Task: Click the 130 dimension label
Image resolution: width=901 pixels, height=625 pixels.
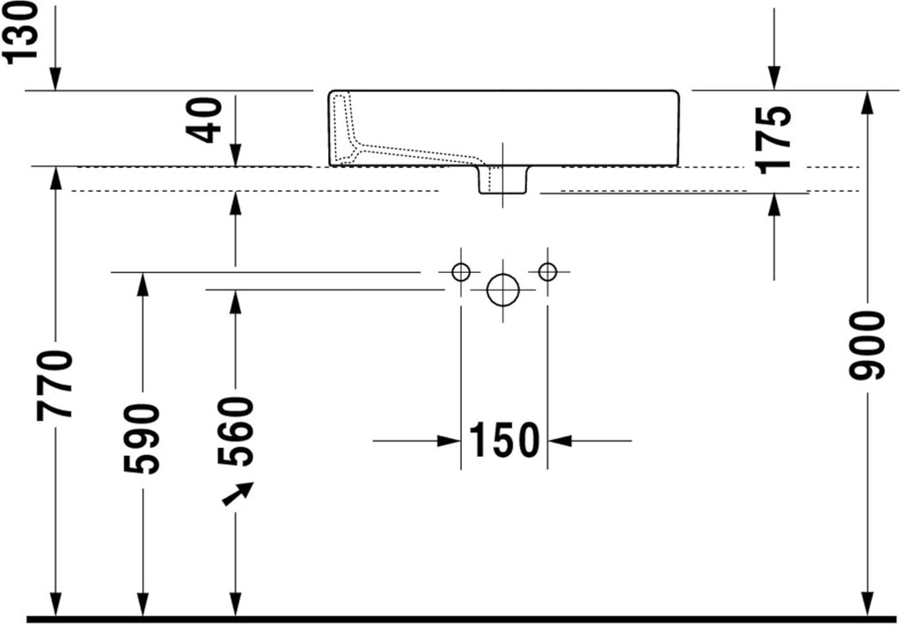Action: coord(20,31)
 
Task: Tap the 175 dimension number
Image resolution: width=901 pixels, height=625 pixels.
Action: coord(773,137)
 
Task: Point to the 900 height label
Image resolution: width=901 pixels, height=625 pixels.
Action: coord(867,345)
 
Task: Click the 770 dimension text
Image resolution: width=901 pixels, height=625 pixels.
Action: coord(55,385)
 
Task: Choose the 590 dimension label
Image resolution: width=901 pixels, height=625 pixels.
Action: coord(142,438)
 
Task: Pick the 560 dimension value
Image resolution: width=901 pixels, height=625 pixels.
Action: coord(235,431)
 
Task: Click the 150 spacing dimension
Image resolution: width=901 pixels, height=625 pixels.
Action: coord(503,440)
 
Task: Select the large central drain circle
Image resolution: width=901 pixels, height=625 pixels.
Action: coord(502,289)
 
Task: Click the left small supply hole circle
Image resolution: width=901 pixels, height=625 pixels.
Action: coord(460,272)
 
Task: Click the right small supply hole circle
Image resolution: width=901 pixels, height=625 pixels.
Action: coord(547,272)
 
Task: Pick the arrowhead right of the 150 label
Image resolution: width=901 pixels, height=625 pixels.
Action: coord(559,440)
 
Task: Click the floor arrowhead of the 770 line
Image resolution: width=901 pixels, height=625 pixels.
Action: coord(55,607)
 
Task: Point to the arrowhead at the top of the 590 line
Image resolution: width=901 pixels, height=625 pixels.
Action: coord(142,283)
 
